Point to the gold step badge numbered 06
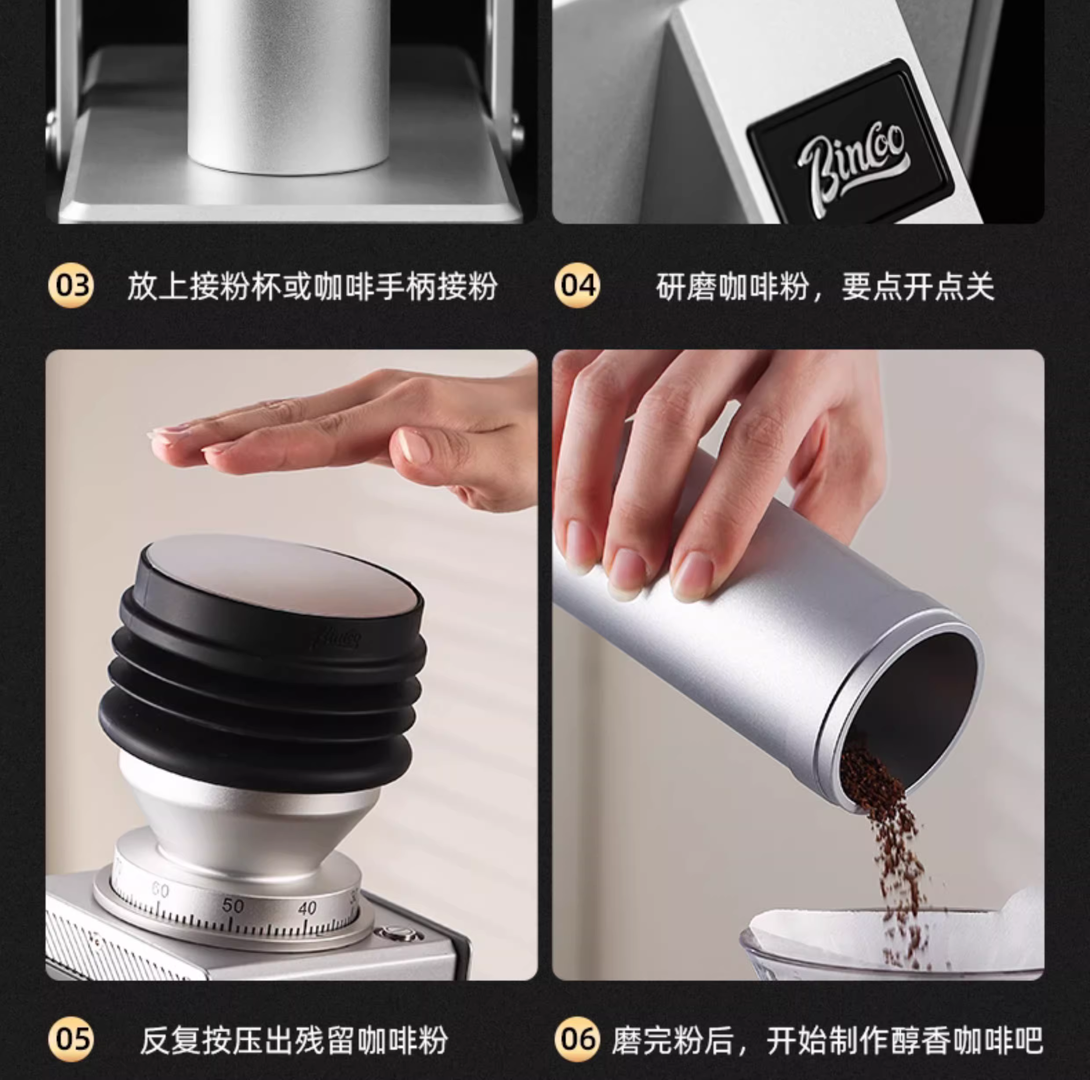tap(577, 1039)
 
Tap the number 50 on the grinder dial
tap(233, 905)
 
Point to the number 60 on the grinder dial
tap(160, 890)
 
